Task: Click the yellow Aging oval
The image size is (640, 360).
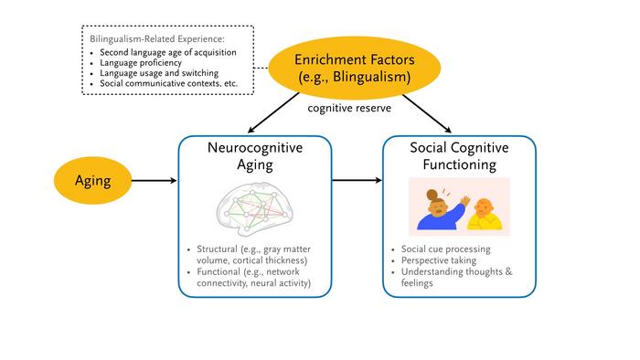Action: pos(92,180)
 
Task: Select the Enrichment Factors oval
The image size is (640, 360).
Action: pos(355,68)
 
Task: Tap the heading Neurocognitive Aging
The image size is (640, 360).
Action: pos(255,156)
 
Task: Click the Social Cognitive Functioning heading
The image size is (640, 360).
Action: pos(459,156)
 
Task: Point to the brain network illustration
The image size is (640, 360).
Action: pos(255,209)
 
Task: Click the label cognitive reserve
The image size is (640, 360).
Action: pos(349,108)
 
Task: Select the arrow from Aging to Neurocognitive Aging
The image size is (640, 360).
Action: pos(155,180)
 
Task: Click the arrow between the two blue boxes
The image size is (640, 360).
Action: pos(357,180)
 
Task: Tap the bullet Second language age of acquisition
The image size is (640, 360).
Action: pos(168,53)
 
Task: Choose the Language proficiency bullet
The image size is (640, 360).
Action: pos(141,63)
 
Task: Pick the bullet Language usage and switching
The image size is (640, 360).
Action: pos(159,73)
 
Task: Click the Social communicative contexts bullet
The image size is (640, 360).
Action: pos(168,83)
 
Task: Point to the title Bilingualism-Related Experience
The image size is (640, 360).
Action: pos(157,39)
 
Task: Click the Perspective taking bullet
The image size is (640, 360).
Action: pos(439,260)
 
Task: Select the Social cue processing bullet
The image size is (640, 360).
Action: pos(446,249)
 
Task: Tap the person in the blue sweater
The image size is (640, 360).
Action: pos(442,212)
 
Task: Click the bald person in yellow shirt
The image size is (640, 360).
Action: pos(485,215)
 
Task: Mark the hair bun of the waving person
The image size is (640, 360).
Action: pos(432,195)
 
